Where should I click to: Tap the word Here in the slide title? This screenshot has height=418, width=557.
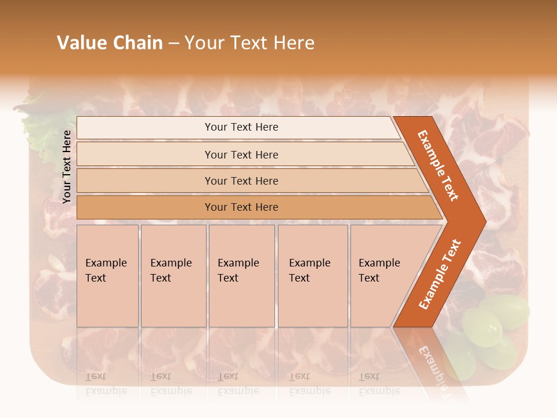tap(294, 43)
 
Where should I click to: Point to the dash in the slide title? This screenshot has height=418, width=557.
tap(173, 44)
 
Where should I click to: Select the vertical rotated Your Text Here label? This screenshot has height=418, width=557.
tap(67, 167)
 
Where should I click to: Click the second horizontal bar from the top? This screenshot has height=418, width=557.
tap(241, 154)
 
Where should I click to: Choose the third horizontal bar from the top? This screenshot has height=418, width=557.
tap(241, 181)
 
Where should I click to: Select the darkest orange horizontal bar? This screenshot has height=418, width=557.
tap(241, 207)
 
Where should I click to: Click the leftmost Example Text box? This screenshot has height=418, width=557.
tap(107, 276)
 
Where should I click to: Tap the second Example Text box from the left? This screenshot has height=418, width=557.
tap(173, 276)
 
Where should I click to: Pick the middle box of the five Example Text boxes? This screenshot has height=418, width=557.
tap(241, 276)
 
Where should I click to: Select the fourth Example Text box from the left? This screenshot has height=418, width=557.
tap(312, 276)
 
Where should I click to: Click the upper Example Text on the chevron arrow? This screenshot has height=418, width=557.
tap(438, 165)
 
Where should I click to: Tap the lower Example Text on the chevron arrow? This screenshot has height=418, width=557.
tap(440, 274)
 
